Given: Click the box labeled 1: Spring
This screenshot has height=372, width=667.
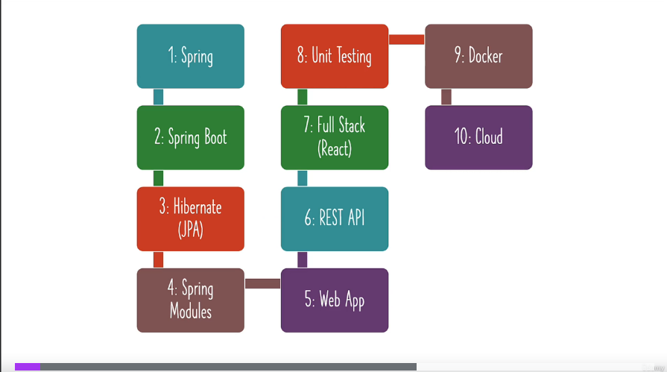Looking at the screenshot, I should tap(190, 56).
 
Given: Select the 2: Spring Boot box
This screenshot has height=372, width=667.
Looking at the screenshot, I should tap(190, 137).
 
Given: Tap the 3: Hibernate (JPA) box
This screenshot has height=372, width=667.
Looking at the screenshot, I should tap(190, 218).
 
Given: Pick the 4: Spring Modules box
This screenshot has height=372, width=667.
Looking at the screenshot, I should tap(190, 300).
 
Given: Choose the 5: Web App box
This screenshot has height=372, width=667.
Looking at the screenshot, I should tap(335, 300).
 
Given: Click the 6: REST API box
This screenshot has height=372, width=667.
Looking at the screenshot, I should tap(335, 218).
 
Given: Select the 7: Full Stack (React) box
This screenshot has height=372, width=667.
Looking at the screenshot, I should tap(335, 137).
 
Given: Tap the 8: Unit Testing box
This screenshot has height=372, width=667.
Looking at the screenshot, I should tap(335, 56).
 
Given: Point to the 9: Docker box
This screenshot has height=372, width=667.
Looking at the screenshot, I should tap(478, 56).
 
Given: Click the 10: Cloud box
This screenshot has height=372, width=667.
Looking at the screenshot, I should tap(478, 137).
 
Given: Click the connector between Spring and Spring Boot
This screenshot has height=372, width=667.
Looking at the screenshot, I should tap(158, 97).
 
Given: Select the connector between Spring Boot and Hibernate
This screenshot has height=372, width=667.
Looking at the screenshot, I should tap(158, 178).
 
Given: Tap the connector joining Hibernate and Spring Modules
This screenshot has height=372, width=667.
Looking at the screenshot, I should tap(158, 259).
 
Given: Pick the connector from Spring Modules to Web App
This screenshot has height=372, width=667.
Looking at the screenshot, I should tap(262, 283).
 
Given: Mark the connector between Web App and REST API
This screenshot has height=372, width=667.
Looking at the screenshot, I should tap(303, 259).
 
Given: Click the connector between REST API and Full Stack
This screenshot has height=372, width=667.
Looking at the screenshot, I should tap(303, 178).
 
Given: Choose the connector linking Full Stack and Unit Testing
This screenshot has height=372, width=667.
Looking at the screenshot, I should tap(303, 97).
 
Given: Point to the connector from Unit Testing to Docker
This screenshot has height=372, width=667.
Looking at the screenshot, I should tap(406, 40).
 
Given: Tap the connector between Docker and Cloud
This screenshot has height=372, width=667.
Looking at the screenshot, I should tap(446, 97).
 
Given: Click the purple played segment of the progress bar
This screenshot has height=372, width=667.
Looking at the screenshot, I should tap(27, 367).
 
